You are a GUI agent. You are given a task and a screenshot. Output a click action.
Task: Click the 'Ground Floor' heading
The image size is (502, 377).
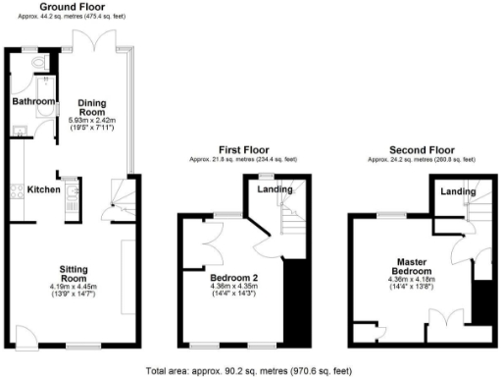click(67, 6)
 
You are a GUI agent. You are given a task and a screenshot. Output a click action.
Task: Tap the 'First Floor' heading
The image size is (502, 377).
click(243, 151)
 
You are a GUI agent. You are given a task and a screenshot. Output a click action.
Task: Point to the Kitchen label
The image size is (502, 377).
click(44, 189)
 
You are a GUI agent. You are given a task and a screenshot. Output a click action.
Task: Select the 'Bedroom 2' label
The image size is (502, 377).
click(233, 277)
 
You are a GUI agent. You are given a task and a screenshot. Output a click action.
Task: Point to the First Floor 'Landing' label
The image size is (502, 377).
click(274, 188)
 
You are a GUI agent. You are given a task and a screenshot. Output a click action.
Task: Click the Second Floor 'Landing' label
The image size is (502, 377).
click(458, 191)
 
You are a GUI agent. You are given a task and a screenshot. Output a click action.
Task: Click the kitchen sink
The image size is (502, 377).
click(72, 200)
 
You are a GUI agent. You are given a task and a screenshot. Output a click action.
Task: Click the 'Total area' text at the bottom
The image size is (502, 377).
click(248, 370)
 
